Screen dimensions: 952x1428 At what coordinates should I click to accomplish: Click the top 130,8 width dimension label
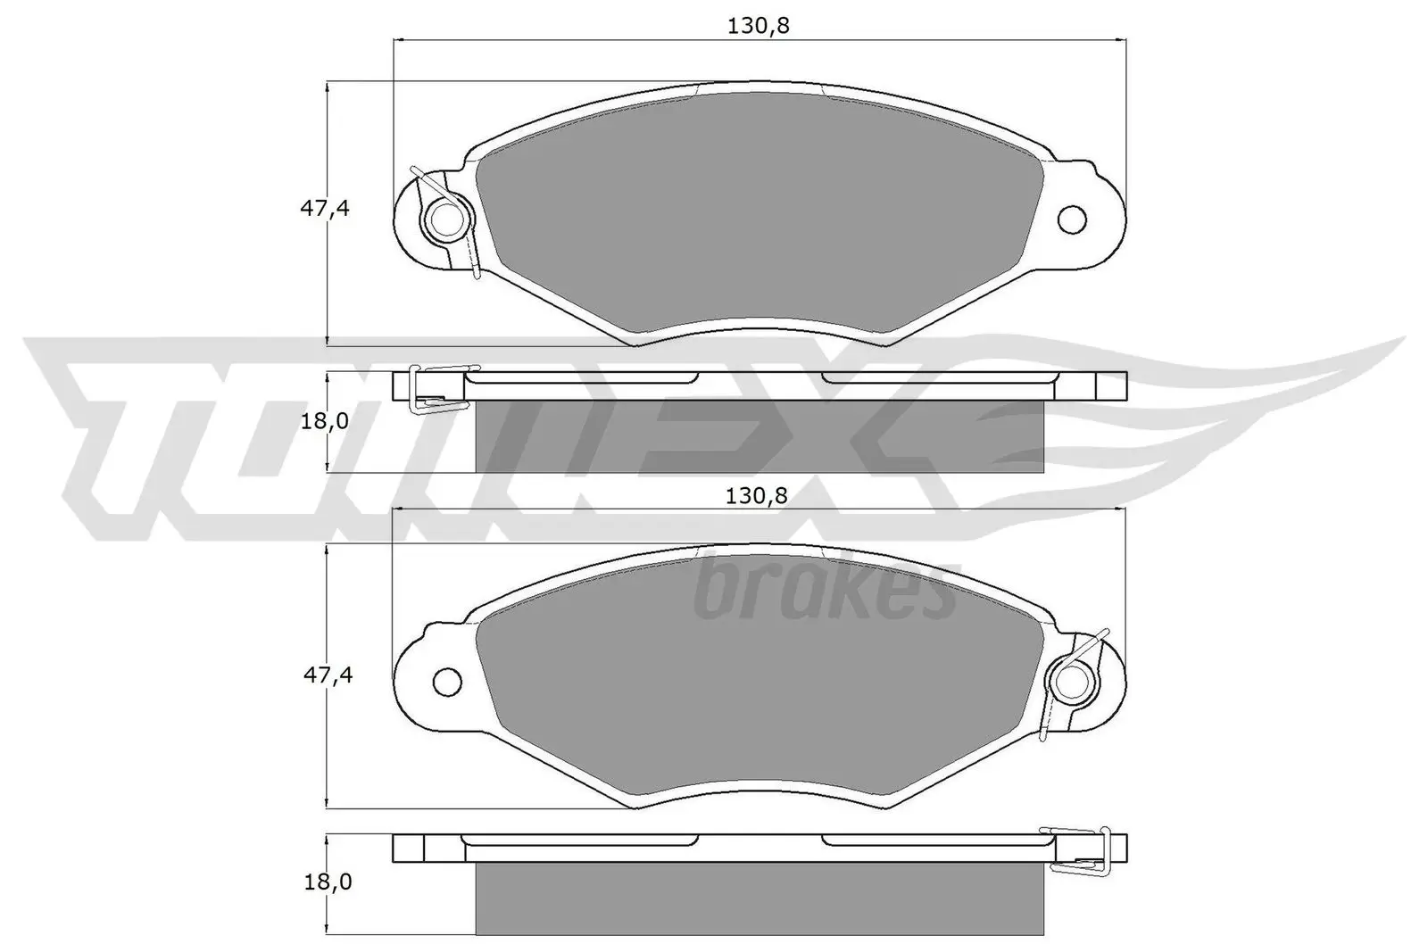(759, 26)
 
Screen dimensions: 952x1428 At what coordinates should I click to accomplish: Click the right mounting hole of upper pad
(1072, 218)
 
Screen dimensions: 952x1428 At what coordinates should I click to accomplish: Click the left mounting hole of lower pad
(447, 683)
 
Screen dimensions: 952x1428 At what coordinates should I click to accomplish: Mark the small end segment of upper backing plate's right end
(1110, 385)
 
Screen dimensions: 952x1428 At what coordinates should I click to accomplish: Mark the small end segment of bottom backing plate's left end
(409, 848)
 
